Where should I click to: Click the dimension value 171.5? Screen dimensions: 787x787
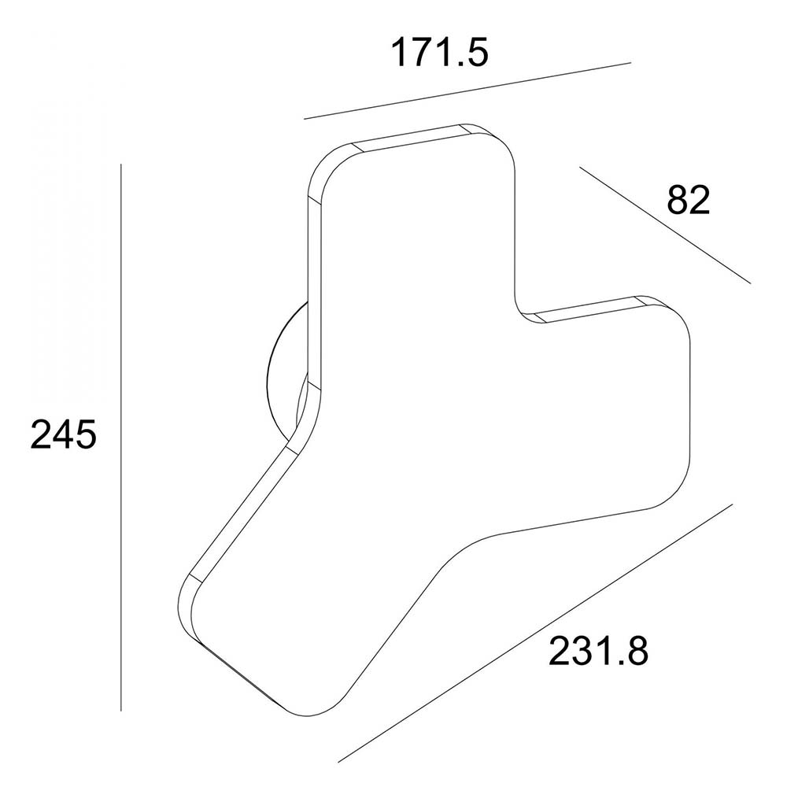click(x=439, y=52)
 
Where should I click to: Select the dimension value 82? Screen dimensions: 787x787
click(x=688, y=200)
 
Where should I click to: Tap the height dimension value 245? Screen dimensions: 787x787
click(x=63, y=434)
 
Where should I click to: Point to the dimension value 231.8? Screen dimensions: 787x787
click(x=598, y=651)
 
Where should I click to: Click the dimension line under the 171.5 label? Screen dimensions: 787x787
click(x=467, y=91)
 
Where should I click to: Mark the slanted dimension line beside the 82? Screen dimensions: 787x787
click(x=665, y=225)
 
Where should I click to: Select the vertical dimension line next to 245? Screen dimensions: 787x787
click(x=121, y=437)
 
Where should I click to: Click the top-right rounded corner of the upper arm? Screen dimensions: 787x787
click(x=504, y=146)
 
